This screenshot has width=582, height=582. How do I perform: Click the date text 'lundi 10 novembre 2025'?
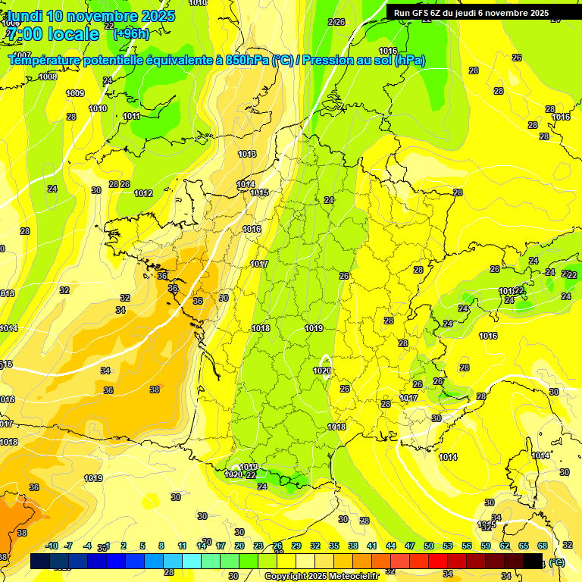tap(91, 16)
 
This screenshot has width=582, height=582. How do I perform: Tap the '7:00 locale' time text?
tap(52, 34)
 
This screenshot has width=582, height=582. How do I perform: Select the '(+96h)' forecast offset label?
tap(131, 33)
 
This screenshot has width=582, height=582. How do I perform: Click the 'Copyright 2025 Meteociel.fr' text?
tap(321, 576)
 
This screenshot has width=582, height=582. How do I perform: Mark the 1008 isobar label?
tap(48, 77)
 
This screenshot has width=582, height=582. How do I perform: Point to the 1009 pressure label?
tap(75, 93)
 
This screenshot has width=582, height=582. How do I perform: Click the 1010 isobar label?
tap(98, 108)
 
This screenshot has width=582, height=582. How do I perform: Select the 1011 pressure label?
tap(131, 116)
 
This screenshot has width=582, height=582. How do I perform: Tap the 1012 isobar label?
tap(143, 193)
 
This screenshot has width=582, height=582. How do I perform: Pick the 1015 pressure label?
tap(259, 192)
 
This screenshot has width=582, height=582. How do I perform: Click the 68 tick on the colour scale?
tap(543, 546)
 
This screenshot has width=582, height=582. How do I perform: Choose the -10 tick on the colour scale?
tap(52, 546)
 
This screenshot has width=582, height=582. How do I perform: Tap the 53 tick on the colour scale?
tap(448, 546)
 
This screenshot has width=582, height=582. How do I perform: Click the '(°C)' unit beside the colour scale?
tap(557, 562)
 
